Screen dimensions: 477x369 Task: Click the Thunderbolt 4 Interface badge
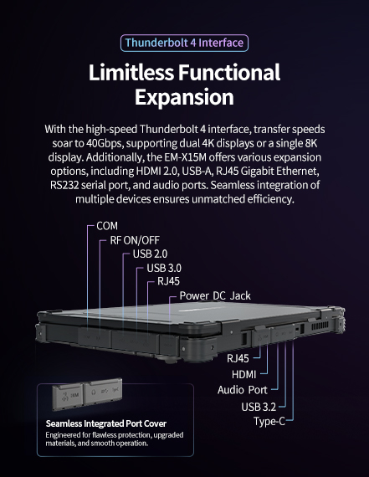point(184,43)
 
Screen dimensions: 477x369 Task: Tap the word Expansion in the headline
point(184,97)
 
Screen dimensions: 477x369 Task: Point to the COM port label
point(107,227)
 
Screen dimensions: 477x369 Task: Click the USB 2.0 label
point(151,254)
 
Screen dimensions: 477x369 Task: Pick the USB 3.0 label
point(164,268)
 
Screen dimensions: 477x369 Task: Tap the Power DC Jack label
point(215,295)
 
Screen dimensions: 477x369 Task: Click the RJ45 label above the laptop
point(168,281)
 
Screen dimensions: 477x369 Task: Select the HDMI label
point(244,374)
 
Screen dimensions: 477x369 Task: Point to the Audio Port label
point(243,390)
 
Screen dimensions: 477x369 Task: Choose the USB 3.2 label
point(258,407)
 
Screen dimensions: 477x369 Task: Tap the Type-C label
point(269,420)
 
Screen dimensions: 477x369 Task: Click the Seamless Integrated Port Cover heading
point(100,423)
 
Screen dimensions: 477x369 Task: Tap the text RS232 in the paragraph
point(66,186)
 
